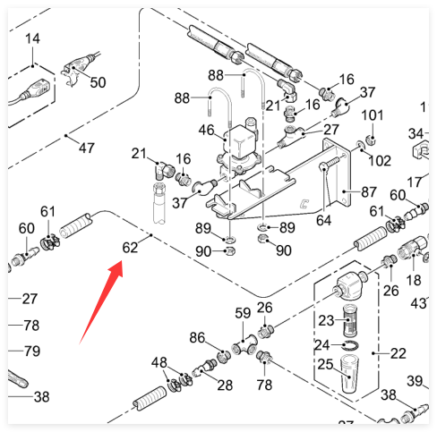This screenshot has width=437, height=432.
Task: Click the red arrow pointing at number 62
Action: [101, 301]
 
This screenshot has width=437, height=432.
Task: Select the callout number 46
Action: [206, 130]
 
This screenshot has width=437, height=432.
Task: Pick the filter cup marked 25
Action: [349, 374]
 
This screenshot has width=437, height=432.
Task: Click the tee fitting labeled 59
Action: [244, 345]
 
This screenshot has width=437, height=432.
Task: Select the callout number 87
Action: [369, 191]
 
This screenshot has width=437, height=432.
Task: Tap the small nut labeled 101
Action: [371, 140]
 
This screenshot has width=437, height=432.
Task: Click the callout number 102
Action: [380, 161]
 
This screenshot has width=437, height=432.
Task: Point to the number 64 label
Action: [324, 220]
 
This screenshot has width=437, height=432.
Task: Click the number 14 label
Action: [32, 38]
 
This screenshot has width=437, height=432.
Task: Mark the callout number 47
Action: [87, 148]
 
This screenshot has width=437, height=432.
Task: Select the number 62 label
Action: [130, 248]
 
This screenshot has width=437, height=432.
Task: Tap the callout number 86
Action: [197, 338]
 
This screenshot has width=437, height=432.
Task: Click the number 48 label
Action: [159, 363]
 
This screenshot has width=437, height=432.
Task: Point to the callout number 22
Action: [398, 353]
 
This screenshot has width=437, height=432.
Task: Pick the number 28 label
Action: [225, 385]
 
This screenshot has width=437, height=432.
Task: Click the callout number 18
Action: [414, 280]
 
